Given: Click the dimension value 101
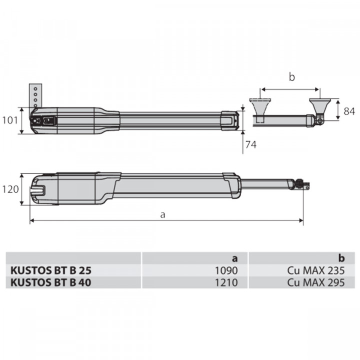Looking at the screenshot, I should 10,120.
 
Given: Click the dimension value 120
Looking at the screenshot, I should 10,189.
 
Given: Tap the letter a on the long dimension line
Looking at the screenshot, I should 162,214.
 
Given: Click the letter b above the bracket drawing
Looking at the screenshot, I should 291,77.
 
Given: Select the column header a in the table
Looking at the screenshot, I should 234,258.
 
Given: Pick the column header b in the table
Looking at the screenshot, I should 341,258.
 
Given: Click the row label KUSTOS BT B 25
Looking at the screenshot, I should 51,270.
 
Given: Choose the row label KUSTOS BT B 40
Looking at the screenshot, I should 51,281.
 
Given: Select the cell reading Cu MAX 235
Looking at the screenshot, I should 316,270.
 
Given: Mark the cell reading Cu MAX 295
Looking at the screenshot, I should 316,281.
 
